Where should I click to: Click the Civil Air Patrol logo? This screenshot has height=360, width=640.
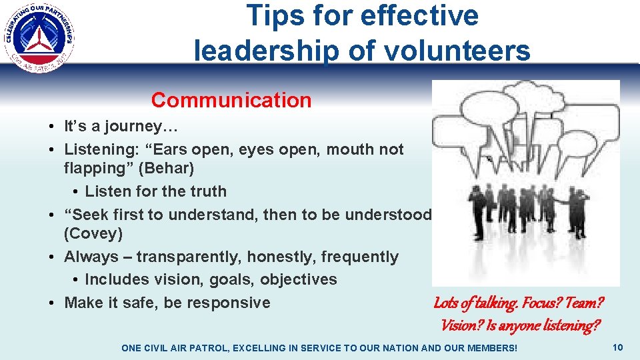point(39,37)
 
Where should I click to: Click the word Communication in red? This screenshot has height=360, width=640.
point(231,100)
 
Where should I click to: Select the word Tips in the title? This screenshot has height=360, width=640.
point(273,16)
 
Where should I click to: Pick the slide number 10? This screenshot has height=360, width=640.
point(617,347)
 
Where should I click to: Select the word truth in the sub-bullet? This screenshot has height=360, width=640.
point(207,191)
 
